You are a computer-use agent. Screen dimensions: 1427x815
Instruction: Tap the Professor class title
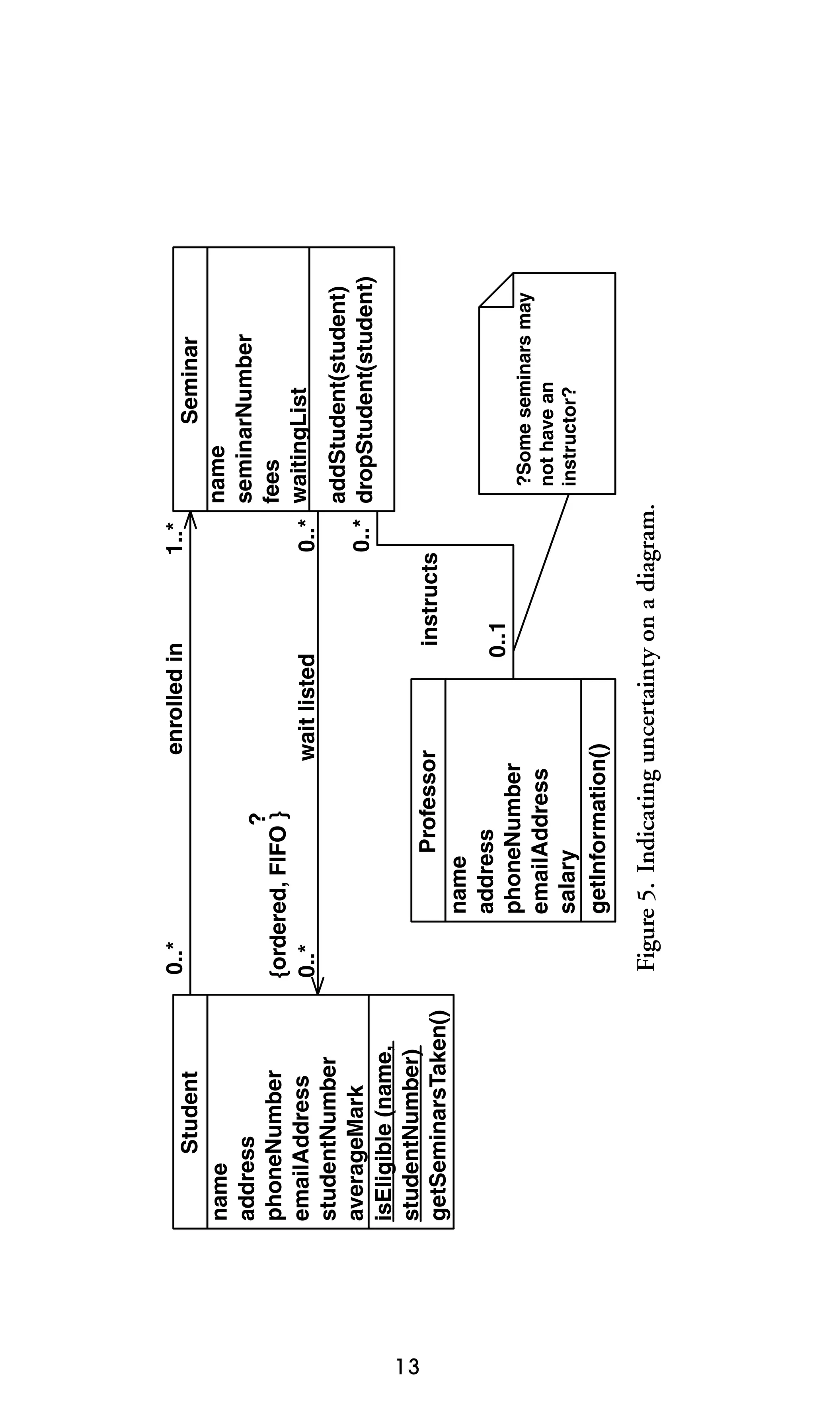(428, 801)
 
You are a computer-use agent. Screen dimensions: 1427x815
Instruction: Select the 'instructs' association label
(429, 599)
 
